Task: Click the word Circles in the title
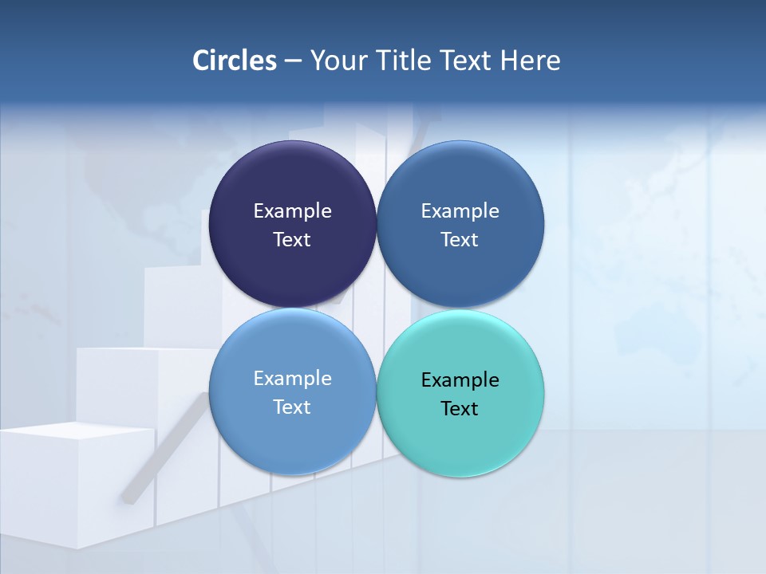pos(235,61)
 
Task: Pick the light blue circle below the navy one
pos(292,438)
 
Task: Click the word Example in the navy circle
pos(292,211)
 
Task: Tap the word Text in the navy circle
pos(292,240)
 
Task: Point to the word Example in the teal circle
pos(460,380)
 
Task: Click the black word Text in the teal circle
pos(460,409)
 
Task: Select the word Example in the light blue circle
pos(292,379)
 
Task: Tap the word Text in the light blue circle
pos(292,407)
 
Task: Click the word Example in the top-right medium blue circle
pos(460,211)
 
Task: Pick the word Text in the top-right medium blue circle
pos(460,240)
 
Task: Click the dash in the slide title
pos(293,61)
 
